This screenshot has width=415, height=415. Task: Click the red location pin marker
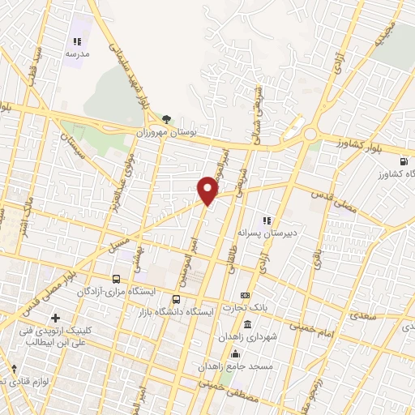click(x=208, y=190)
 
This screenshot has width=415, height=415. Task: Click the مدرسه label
click(x=77, y=53)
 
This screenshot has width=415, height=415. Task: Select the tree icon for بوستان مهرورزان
click(x=167, y=120)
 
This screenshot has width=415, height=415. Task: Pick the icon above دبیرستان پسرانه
click(x=265, y=220)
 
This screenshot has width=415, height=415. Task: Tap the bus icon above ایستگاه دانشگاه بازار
click(x=178, y=298)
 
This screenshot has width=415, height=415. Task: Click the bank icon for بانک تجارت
click(x=245, y=294)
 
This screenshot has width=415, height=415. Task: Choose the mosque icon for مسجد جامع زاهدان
click(x=236, y=353)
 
